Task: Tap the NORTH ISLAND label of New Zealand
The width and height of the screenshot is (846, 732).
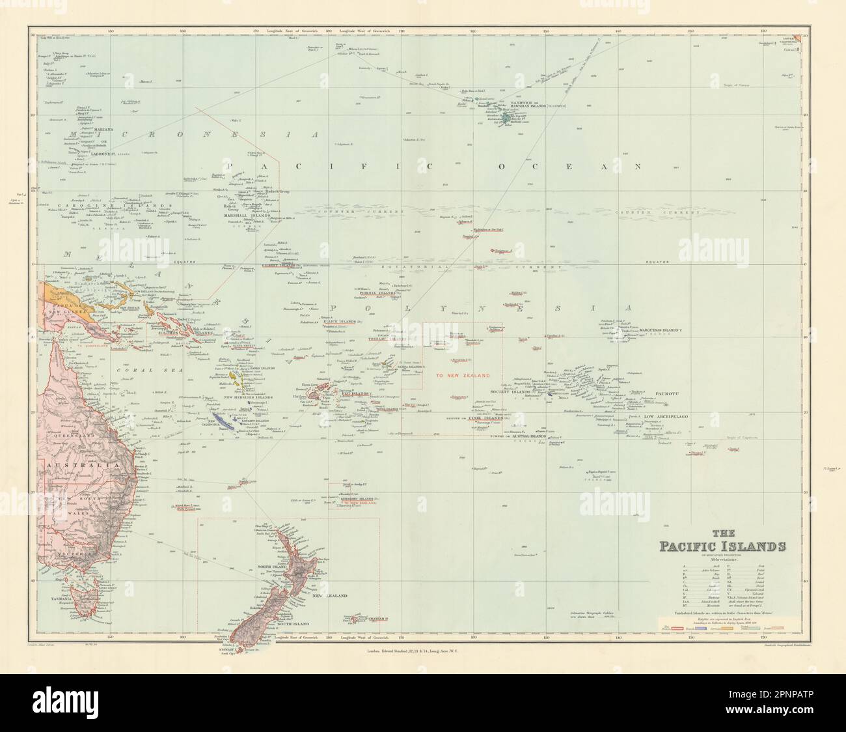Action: coord(271,566)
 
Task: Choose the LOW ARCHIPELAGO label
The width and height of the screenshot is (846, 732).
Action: coord(665,415)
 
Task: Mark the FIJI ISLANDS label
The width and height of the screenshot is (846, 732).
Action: coord(351,394)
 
